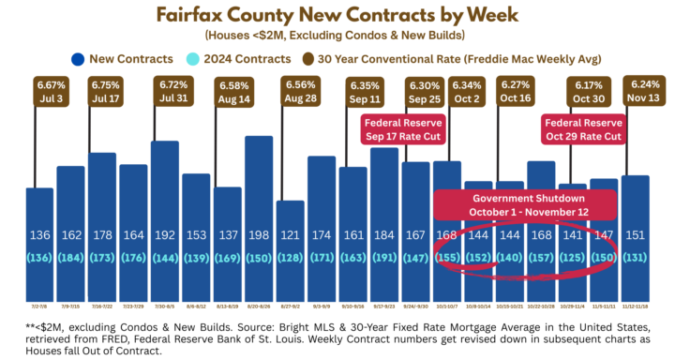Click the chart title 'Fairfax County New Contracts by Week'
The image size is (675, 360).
(x=337, y=15)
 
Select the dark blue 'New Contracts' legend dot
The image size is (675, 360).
(x=74, y=59)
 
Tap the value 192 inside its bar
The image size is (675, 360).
(x=164, y=235)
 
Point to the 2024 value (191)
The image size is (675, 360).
(x=384, y=256)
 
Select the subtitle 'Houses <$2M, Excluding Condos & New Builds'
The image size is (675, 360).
(x=337, y=36)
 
